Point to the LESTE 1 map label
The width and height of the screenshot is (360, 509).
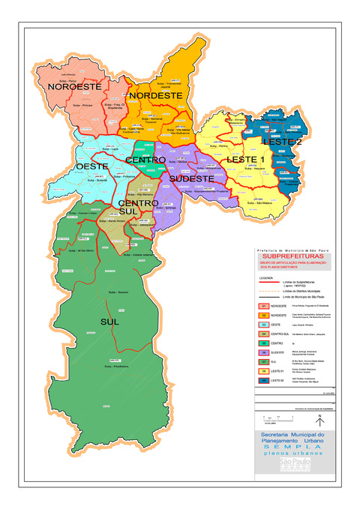[x=246, y=160]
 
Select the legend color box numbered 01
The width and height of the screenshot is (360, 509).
[x=264, y=307]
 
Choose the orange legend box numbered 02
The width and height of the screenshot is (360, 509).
[x=264, y=316]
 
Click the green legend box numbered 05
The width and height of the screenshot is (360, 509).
[x=264, y=342]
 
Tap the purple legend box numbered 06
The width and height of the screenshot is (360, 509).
[x=264, y=352]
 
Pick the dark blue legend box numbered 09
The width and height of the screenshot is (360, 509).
[x=264, y=381]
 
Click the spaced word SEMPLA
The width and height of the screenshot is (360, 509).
[x=289, y=448]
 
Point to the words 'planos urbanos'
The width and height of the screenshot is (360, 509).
[x=289, y=455]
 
